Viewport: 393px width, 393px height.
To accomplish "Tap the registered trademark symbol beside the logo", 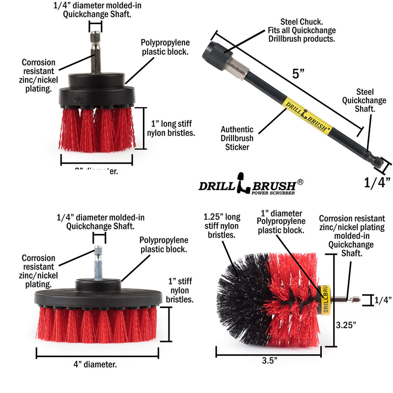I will coord(300,181).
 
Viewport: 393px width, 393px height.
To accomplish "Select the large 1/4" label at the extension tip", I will coord(377,182).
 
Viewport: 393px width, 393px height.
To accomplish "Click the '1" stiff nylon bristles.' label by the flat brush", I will coord(180,290).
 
